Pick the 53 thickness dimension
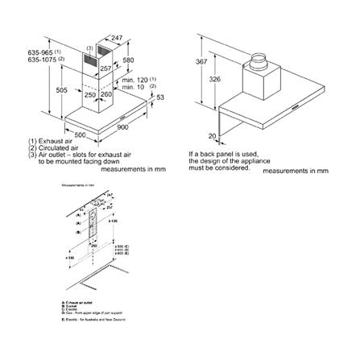click(x=160, y=97)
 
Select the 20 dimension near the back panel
click(x=213, y=136)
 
